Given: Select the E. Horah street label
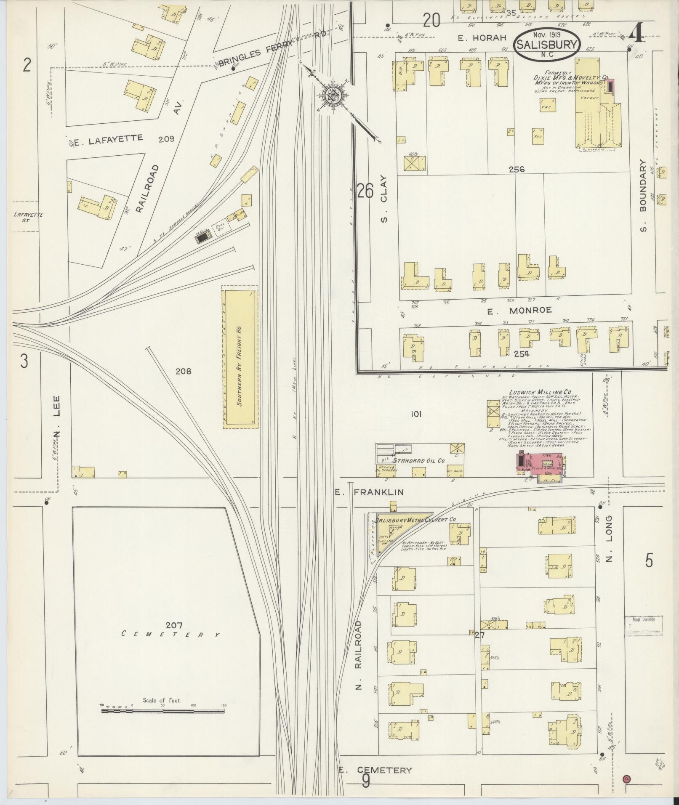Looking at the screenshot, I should [x=482, y=38].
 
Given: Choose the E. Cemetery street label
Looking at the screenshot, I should [x=375, y=770].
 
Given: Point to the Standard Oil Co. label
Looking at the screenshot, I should [x=418, y=461].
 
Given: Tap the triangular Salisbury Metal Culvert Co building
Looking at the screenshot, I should [x=396, y=531].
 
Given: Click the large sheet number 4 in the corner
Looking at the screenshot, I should [x=637, y=34].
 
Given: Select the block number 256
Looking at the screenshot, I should [x=516, y=169].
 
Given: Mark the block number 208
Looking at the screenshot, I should [x=183, y=371].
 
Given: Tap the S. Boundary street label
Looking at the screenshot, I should [x=643, y=195].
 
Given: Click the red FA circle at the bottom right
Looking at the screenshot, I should [x=627, y=778].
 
